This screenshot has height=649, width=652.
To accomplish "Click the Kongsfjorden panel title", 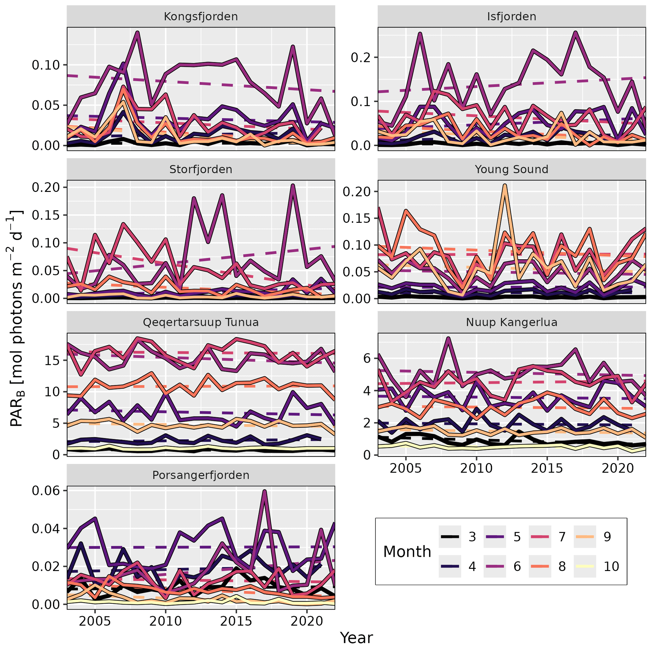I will point(201,16).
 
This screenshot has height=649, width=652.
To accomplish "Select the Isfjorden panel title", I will point(512,16).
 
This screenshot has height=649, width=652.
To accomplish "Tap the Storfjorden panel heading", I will point(201,169).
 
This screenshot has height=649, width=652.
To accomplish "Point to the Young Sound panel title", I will point(512,169).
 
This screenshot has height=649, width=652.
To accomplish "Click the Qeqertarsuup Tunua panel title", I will point(201,322).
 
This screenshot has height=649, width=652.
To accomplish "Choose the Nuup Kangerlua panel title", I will point(512,322).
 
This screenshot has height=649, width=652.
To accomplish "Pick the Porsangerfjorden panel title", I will point(201,475).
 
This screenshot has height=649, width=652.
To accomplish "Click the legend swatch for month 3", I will point(450,537).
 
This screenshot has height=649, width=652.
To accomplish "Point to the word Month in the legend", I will point(407,552).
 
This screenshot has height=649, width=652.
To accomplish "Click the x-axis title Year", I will point(356,638).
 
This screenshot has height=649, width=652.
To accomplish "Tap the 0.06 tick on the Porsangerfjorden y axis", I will point(48,491).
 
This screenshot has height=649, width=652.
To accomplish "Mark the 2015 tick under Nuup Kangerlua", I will point(547,468).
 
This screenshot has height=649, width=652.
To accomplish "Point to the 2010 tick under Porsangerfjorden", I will point(165,621).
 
